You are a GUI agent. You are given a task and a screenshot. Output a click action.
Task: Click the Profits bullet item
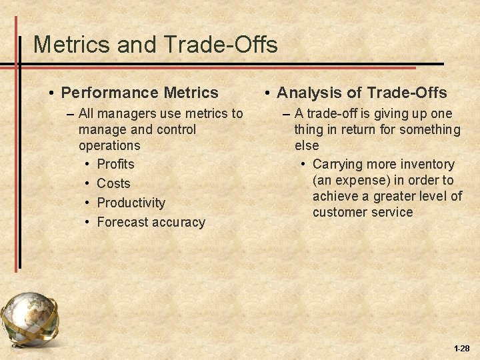click(115, 164)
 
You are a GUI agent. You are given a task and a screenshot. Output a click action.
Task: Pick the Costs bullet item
click(113, 183)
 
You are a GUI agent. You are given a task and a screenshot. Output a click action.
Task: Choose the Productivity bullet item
click(131, 203)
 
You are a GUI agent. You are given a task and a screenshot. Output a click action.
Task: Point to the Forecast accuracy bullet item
click(151, 222)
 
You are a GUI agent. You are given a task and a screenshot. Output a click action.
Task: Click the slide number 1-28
click(461, 349)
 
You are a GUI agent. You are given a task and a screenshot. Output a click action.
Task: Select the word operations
click(109, 145)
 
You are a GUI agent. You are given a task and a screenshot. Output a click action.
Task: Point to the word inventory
click(429, 164)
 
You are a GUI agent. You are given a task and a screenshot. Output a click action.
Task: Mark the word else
click(307, 145)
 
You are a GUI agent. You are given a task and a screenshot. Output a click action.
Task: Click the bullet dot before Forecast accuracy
click(88, 222)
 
